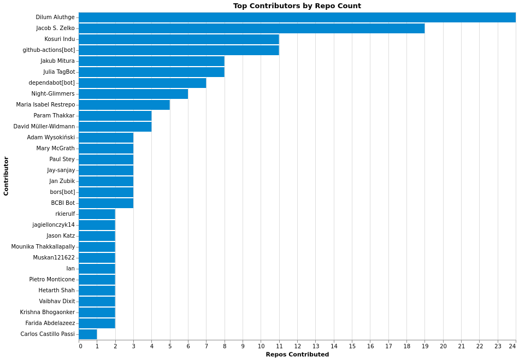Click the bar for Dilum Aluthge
tap(297, 17)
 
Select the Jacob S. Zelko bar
tap(251, 28)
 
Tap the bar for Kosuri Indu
tap(179, 39)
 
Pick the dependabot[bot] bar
tap(142, 83)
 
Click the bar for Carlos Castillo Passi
tap(87, 334)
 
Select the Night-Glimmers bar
tap(133, 94)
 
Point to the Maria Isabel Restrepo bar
tap(124, 105)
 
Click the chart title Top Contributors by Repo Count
tap(297, 6)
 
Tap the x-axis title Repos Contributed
tap(297, 355)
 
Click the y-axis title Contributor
tap(6, 176)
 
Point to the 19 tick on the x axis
tap(425, 346)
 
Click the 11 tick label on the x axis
tap(279, 346)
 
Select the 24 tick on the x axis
tap(512, 346)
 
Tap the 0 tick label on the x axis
tap(80, 346)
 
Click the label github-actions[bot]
tap(49, 50)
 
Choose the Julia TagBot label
tap(59, 72)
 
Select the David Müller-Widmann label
tap(44, 127)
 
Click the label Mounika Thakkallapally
tap(43, 247)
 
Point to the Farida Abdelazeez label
tap(50, 323)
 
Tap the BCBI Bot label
tap(63, 203)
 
